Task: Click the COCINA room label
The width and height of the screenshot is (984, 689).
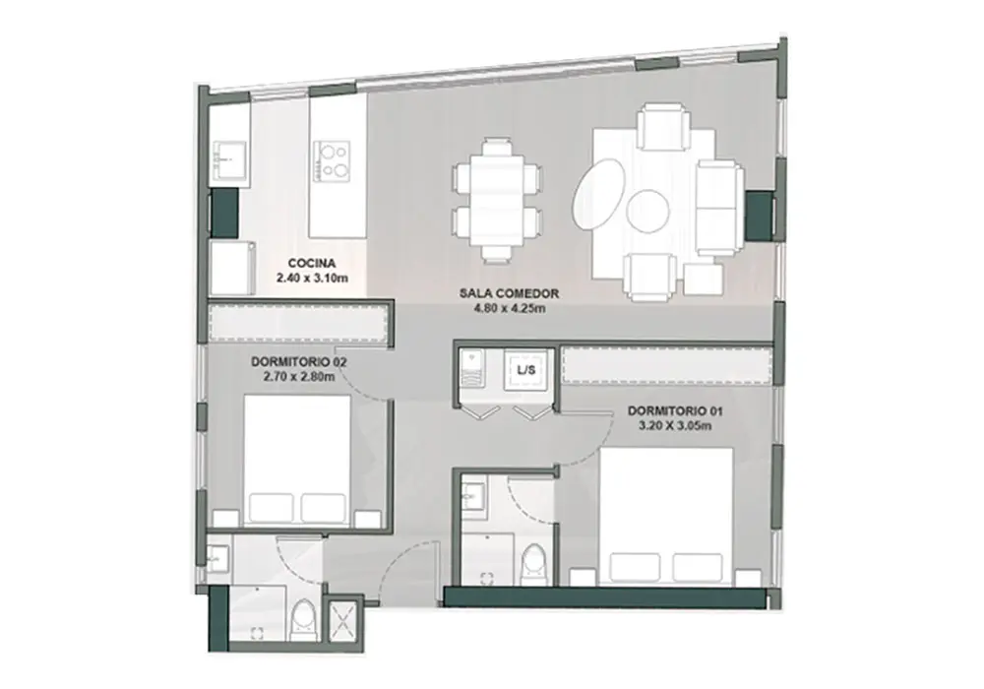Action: point(311,264)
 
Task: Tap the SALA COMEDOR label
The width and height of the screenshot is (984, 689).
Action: point(509,293)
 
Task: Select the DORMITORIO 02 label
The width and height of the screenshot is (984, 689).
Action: point(299,362)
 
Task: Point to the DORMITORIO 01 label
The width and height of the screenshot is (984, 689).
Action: point(675,411)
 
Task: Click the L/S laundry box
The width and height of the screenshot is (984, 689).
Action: point(526,370)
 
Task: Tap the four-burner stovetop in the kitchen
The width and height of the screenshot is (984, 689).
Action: point(332,161)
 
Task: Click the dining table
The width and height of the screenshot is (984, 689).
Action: point(496,200)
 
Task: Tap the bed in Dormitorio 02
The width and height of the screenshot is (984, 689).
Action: point(297,460)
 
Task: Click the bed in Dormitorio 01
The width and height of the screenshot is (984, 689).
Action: point(666,516)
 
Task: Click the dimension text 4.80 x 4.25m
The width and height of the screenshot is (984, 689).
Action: point(509,308)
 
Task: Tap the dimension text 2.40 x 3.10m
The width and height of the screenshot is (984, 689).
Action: point(312,277)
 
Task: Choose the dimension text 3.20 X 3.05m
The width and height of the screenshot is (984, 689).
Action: point(675,426)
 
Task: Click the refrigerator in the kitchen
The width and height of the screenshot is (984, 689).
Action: point(232,268)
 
